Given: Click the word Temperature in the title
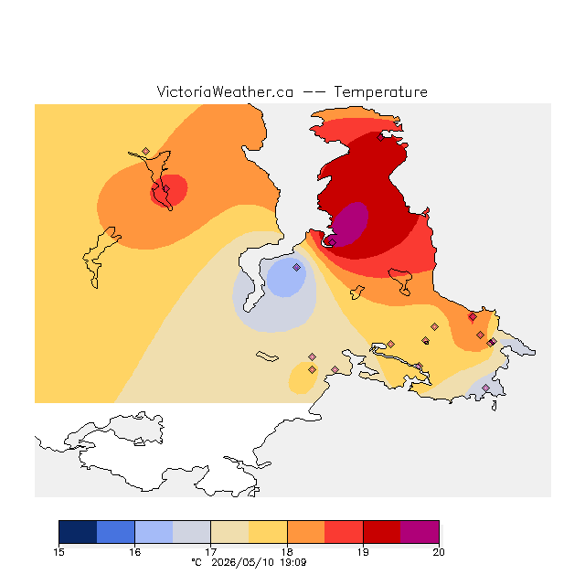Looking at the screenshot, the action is point(380,91).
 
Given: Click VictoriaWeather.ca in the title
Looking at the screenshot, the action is point(225,91).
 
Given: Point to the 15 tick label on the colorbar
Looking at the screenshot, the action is point(58,552).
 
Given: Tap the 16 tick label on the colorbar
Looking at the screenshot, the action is point(134,552).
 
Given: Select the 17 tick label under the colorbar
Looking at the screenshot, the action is point(211,552).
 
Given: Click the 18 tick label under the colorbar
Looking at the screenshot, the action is point(287,552).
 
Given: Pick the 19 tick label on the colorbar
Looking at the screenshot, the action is point(363,552).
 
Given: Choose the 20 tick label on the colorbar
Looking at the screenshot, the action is point(439,552).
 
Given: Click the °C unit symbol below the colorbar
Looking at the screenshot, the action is point(197,562).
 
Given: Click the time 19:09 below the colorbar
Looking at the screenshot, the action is point(293,562).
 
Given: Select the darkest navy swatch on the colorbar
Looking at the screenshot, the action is point(78,532).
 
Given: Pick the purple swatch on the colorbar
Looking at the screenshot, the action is point(420,532).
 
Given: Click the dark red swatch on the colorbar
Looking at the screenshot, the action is point(382,532).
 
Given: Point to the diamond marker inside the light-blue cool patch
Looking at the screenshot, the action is point(296,267).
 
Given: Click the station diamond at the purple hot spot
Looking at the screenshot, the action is point(333,242).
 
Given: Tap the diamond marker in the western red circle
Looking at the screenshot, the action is point(166,189).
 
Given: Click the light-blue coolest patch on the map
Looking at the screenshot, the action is point(286,278).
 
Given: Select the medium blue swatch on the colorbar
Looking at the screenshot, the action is point(116,532).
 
